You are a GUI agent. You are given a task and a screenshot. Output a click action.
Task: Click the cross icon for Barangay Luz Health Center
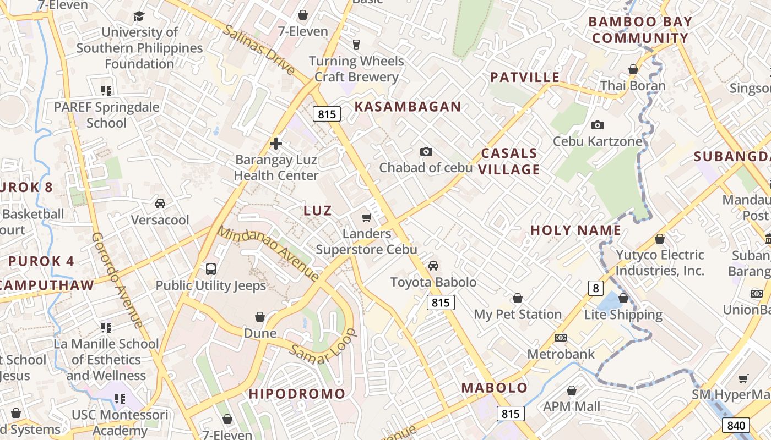coord(276,144)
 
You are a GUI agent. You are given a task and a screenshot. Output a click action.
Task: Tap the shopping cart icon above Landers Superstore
coord(366,218)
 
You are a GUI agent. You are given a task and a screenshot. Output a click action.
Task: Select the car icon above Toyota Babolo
coord(433,266)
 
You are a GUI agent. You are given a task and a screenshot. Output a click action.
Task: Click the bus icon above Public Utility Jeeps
coord(211,269)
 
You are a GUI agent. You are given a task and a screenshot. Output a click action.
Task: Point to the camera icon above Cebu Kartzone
coord(598,125)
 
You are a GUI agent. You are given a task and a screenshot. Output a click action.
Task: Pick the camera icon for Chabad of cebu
coord(426,151)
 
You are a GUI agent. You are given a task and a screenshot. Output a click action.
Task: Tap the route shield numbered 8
coord(595,288)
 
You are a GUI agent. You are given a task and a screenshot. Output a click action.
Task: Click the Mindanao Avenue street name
coord(268,253)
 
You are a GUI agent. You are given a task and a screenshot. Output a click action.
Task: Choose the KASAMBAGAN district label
coord(408,107)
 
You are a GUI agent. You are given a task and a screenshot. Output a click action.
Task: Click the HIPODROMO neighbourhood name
coord(297,394)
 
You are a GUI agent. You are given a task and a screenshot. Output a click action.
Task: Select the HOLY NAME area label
coord(575,230)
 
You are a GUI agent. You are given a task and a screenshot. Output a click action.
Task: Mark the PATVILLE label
coord(525,77)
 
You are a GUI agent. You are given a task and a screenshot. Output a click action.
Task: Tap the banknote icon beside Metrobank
coord(561,338)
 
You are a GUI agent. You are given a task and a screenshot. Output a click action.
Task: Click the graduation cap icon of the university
coord(139,16)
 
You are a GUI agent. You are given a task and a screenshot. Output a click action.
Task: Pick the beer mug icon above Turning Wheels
coord(356,45)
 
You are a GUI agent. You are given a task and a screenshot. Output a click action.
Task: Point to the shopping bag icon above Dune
coord(260,317)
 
